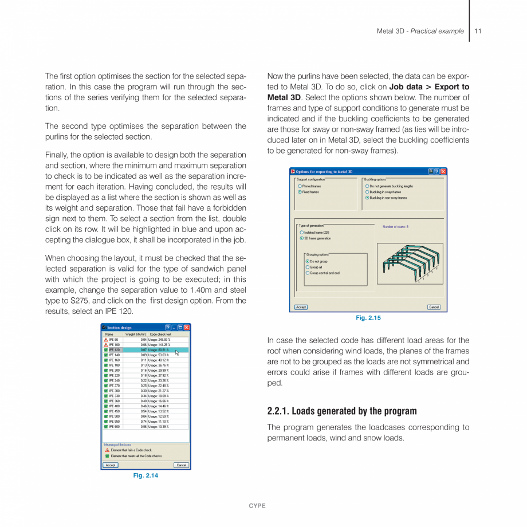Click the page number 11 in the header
[x=478, y=31]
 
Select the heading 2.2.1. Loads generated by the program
[x=342, y=411]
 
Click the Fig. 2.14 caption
[x=145, y=475]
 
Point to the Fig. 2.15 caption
[x=368, y=318]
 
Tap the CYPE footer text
[x=257, y=506]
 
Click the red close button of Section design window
[x=187, y=328]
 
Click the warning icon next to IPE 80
[x=106, y=340]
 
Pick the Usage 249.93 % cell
[x=159, y=340]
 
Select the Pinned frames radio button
[x=300, y=186]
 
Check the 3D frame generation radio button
[x=302, y=238]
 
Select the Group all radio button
[x=308, y=267]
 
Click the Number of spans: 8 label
[x=395, y=227]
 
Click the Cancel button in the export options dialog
[x=434, y=307]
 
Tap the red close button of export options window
[x=443, y=171]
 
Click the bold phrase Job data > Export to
[x=429, y=87]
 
